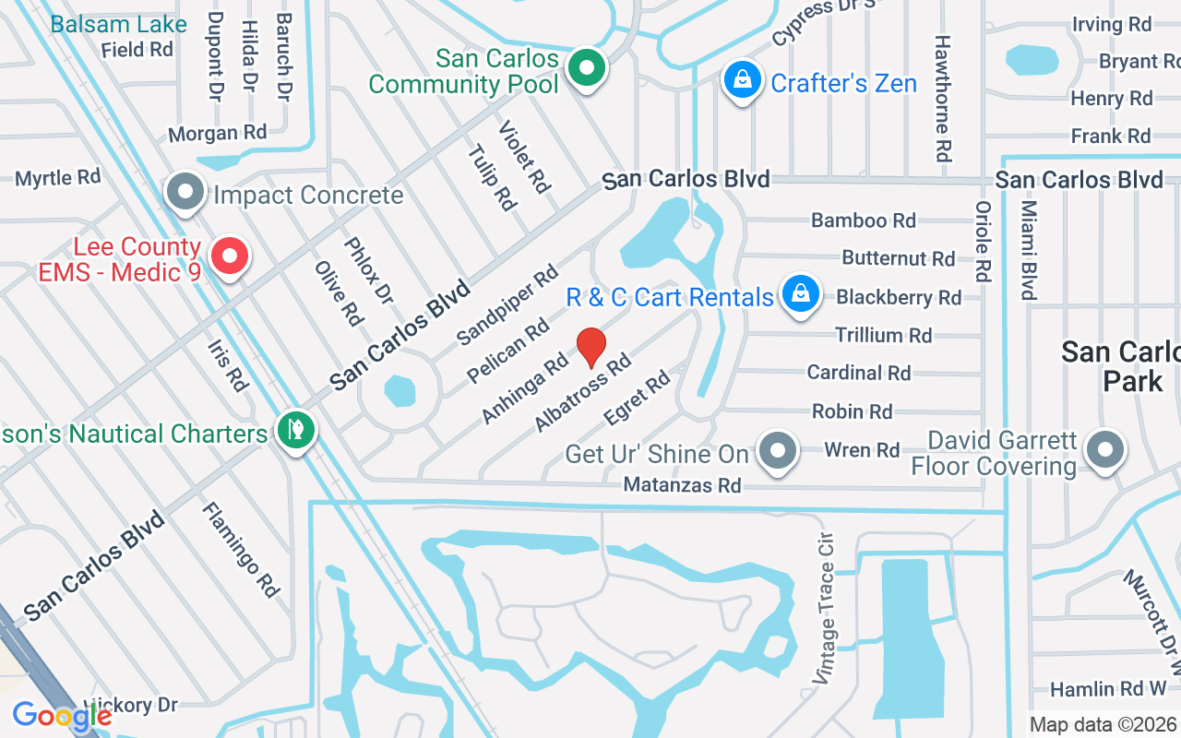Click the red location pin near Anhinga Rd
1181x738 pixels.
click(591, 347)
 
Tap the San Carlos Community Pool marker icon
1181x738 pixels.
click(585, 68)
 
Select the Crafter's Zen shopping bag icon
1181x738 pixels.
click(742, 81)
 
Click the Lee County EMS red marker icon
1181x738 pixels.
click(230, 256)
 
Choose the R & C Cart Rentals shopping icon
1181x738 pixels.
click(800, 294)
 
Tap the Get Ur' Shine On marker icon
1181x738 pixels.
click(779, 452)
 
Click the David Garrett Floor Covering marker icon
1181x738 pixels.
click(1103, 450)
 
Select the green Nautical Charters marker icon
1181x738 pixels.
click(295, 430)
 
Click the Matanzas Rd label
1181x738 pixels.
click(682, 484)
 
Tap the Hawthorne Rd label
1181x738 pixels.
click(942, 98)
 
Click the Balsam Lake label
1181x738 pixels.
click(118, 24)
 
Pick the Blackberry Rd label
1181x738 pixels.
click(899, 297)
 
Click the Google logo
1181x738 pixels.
click(62, 716)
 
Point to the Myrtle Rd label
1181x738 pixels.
click(58, 176)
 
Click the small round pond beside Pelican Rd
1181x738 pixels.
click(400, 390)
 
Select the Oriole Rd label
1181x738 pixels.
click(983, 241)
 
